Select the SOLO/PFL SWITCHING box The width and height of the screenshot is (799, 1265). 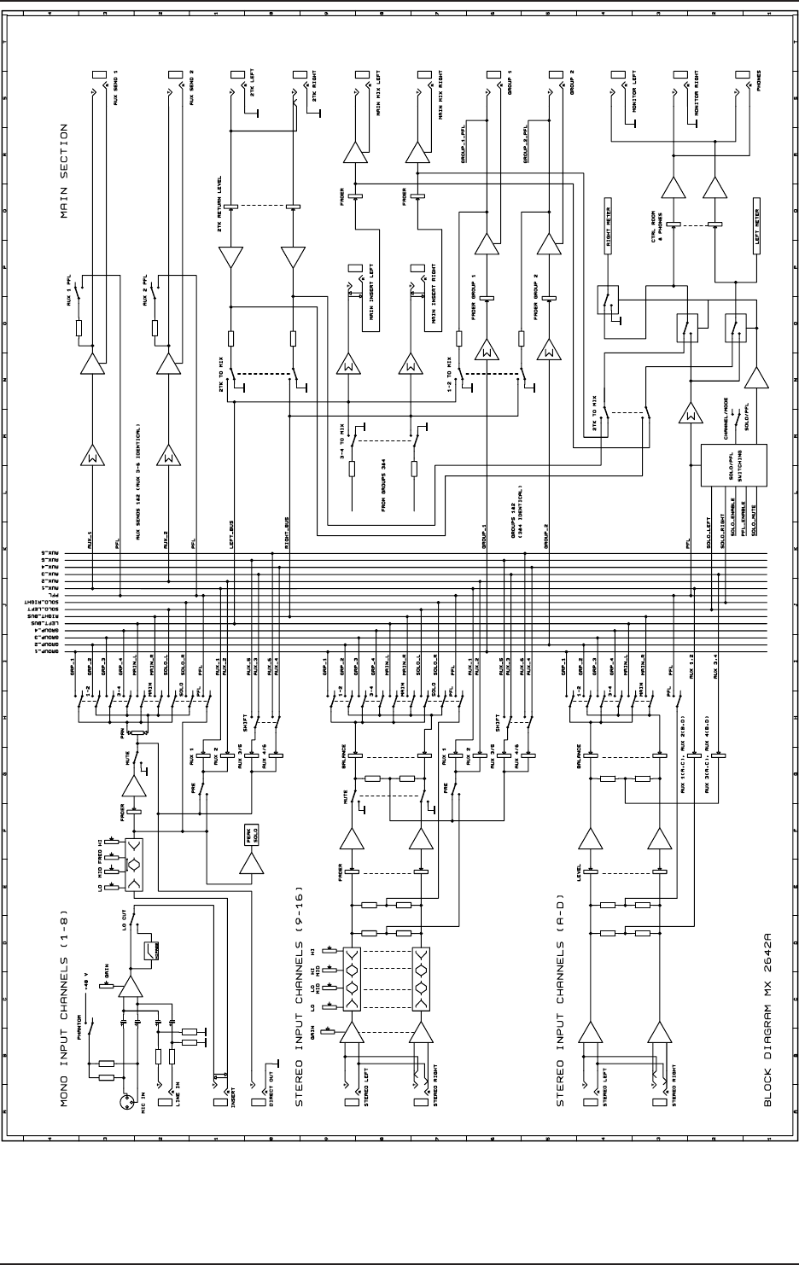pyautogui.click(x=733, y=466)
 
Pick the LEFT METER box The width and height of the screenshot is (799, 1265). pyautogui.click(x=757, y=224)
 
